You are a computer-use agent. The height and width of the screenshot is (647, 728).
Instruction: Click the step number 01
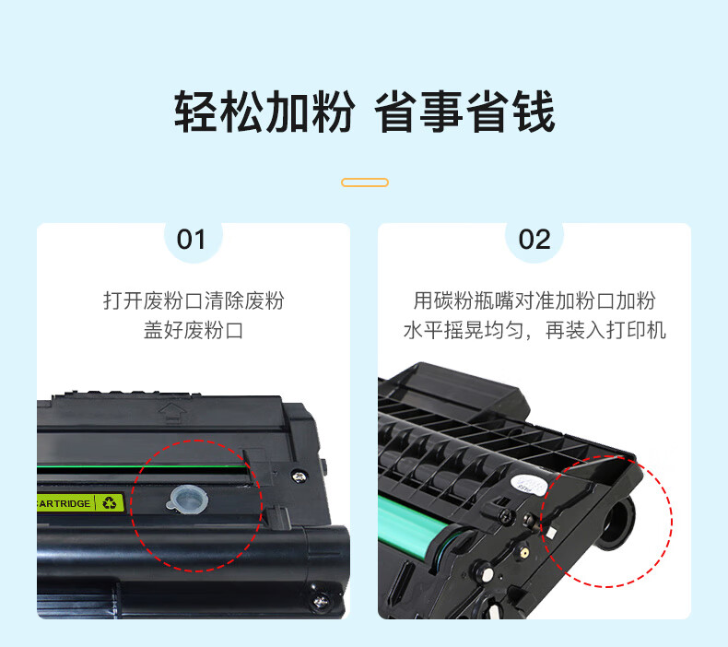click(x=191, y=240)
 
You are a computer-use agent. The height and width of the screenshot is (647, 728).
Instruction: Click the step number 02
click(x=534, y=240)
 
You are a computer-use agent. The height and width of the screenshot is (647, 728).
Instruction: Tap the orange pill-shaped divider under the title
click(x=365, y=182)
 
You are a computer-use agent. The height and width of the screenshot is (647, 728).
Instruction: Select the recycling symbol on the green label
click(x=110, y=502)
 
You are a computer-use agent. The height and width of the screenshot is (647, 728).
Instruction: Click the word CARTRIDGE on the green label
click(x=65, y=504)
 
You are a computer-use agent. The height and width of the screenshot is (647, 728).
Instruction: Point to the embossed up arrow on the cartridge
click(x=172, y=413)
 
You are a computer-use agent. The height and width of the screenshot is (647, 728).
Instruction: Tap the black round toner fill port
click(x=616, y=522)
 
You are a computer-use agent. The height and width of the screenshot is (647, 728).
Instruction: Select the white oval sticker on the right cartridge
click(x=529, y=486)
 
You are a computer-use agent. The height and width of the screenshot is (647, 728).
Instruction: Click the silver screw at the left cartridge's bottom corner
click(x=321, y=602)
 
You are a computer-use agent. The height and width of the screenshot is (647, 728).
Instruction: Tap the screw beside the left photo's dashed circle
click(x=299, y=476)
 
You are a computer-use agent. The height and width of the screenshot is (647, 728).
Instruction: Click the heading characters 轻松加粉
click(x=264, y=112)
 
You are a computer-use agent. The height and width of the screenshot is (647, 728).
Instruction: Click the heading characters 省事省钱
click(x=464, y=112)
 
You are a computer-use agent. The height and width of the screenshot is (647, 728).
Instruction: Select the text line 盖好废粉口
click(x=194, y=331)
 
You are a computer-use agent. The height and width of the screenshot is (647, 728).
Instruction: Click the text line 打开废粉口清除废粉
click(x=194, y=300)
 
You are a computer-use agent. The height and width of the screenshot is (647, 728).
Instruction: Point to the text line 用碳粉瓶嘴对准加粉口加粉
click(x=534, y=300)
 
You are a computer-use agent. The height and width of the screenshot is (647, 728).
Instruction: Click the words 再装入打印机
click(x=605, y=331)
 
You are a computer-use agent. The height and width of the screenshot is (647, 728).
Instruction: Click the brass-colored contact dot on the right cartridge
click(x=524, y=553)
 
